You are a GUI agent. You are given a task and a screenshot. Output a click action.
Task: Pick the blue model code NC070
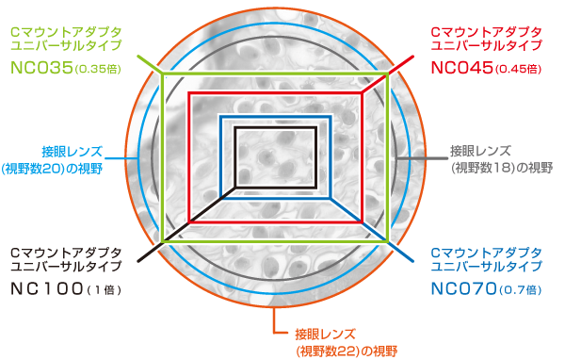(x=463, y=287)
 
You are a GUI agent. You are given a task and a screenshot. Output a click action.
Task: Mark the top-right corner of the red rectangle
(x=363, y=93)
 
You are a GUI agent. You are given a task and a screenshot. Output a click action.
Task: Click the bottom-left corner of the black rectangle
(x=236, y=184)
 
